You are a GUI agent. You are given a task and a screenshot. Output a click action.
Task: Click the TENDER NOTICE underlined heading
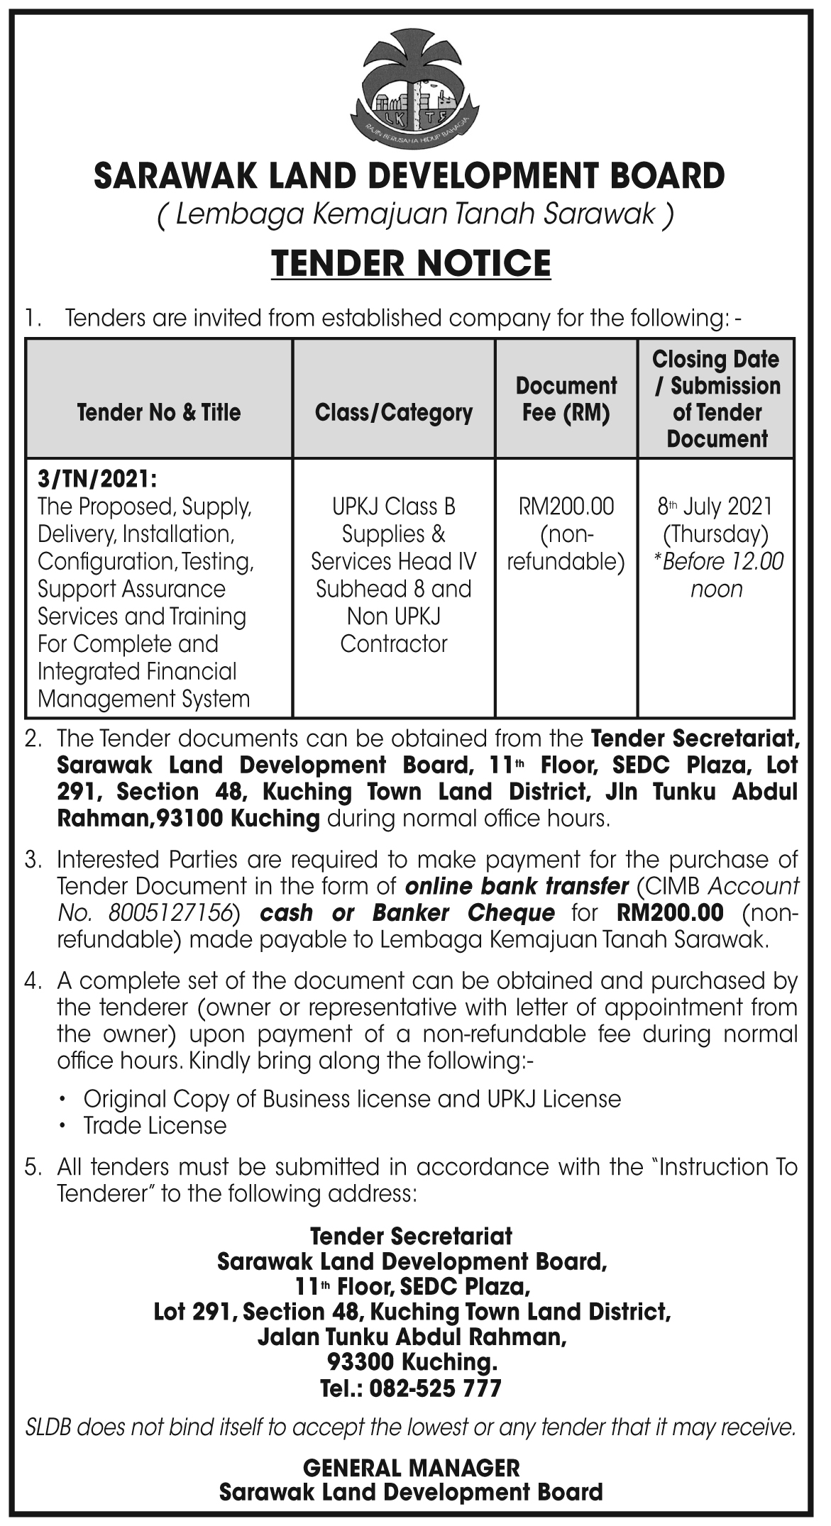tap(412, 263)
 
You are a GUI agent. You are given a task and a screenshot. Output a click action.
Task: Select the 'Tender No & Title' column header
tap(159, 412)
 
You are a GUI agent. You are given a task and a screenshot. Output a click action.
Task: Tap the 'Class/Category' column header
tap(394, 412)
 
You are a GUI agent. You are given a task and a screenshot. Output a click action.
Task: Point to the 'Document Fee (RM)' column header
tap(566, 399)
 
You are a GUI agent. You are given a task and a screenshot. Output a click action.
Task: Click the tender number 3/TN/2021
tap(96, 479)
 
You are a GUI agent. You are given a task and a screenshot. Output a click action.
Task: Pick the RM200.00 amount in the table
tap(566, 507)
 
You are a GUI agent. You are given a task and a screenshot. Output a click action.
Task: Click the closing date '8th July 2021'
tap(715, 507)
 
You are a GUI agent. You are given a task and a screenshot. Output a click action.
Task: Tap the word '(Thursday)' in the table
tap(715, 533)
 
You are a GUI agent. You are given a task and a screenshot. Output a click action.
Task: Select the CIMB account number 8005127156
tap(172, 912)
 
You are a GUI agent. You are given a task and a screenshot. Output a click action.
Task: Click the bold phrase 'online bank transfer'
tap(517, 886)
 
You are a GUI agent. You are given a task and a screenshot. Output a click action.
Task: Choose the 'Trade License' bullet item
tap(155, 1126)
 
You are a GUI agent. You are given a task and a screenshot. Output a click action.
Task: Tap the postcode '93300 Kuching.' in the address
tap(412, 1362)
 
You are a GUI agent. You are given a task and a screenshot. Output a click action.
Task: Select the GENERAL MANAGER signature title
tap(412, 1468)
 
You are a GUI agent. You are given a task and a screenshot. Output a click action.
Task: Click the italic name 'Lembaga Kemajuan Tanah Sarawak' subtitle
tap(415, 214)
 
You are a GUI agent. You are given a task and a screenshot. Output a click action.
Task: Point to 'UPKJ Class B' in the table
tap(394, 507)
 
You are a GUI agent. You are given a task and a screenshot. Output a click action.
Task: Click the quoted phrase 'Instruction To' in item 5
tap(728, 1167)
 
